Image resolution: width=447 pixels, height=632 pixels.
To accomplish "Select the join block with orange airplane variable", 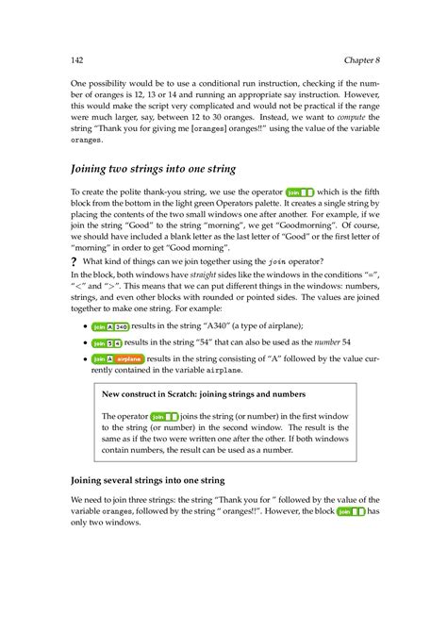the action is [x=118, y=359].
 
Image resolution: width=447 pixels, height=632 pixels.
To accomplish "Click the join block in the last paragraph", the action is [x=350, y=512].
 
